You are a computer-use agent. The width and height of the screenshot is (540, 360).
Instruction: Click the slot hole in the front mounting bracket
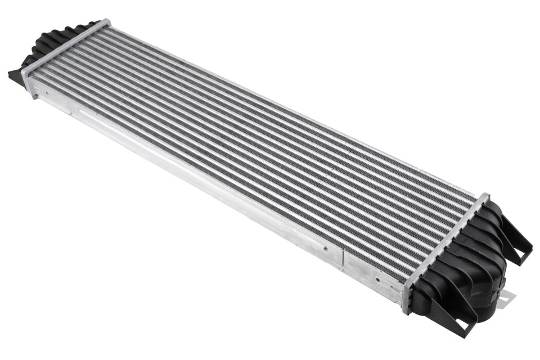point(463,324)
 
